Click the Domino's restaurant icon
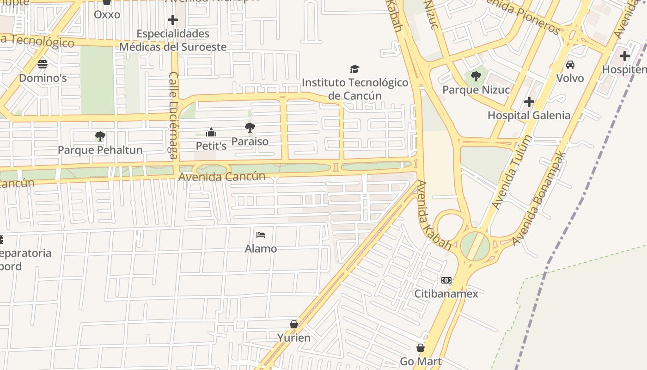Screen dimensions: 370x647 point(43,64)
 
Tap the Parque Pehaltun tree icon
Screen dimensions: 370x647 point(100,136)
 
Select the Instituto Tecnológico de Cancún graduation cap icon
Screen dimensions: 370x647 point(354,69)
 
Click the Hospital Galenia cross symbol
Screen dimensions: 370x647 point(529,102)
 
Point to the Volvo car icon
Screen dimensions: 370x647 point(570,65)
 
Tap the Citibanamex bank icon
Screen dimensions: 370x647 point(446,280)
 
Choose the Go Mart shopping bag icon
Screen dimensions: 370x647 point(421,348)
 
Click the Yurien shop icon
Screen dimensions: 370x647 point(294,324)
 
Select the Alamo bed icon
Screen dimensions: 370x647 point(261,235)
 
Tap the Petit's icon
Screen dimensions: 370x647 point(211,133)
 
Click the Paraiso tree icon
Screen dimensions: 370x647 point(250,128)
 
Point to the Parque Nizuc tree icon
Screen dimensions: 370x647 point(476,76)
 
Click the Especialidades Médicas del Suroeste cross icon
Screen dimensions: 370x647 point(173,20)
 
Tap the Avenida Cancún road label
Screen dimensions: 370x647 point(222,177)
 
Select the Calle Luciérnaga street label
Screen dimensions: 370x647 point(174,115)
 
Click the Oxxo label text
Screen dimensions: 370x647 point(107,15)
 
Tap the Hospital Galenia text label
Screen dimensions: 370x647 point(529,115)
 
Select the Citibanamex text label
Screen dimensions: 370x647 point(446,294)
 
